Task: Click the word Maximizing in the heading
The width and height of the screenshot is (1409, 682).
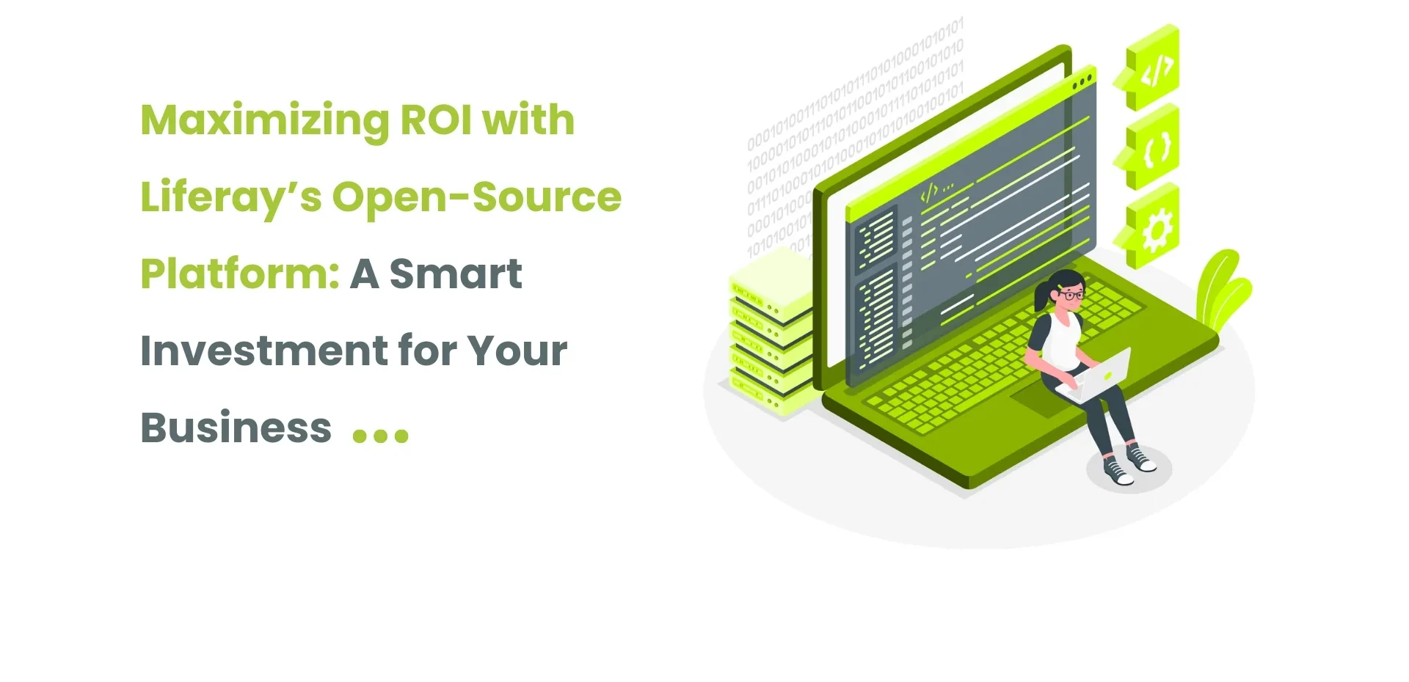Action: pos(264,121)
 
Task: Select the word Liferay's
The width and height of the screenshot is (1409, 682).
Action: pos(230,198)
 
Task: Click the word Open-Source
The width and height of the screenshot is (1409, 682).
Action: pos(476,197)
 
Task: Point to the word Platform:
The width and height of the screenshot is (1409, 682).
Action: pos(239,274)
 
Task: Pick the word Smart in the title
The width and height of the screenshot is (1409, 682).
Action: pos(455,274)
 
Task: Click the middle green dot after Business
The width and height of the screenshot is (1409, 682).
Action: pos(380,436)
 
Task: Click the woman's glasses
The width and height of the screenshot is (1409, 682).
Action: pos(1071,296)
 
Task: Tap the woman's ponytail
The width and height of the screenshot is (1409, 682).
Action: pos(1042,297)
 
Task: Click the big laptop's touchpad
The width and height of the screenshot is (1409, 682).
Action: pos(1042,401)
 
